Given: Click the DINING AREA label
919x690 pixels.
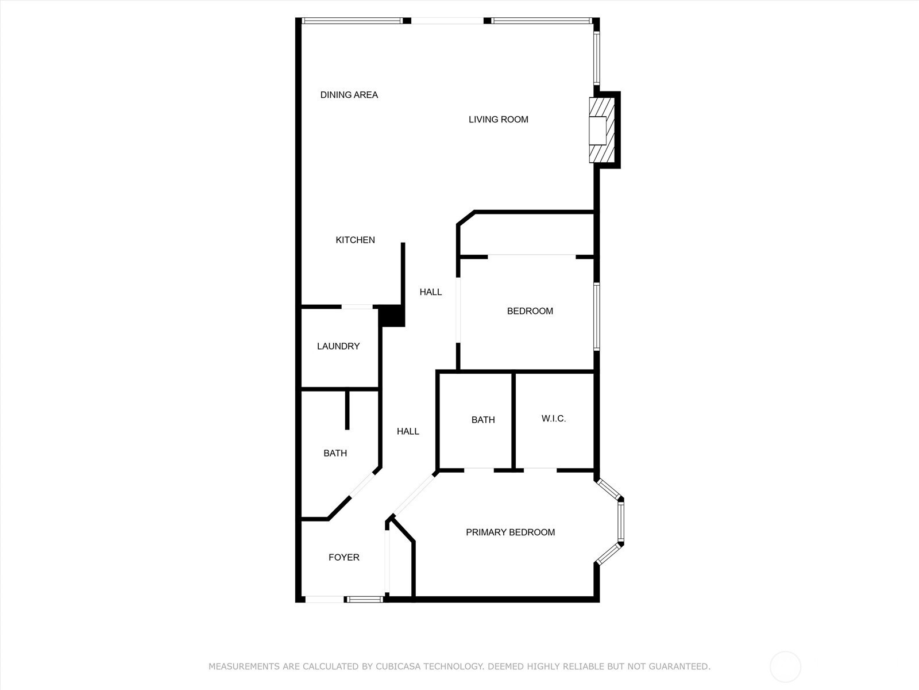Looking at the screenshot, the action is coord(349,95).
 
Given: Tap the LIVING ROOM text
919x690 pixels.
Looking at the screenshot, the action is coord(498,120).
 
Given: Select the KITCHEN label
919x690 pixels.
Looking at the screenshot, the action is coord(355,240).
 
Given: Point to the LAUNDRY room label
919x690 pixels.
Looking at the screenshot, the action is coord(338,346).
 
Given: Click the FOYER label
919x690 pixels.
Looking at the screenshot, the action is coord(343,557).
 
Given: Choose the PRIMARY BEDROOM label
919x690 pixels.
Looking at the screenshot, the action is coord(511,532).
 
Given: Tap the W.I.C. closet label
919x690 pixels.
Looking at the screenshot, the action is coord(554,419).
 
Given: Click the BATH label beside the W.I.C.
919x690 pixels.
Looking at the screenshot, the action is coord(483,420).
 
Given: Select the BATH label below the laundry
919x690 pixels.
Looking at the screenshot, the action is coord(335,453).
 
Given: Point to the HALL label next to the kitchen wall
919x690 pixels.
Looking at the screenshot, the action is coord(430,292).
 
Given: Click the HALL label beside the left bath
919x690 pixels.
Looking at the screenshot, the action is coord(408,431).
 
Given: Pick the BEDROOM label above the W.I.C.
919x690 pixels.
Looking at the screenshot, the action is coord(530,311).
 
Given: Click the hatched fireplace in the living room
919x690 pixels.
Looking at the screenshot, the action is coord(602,130).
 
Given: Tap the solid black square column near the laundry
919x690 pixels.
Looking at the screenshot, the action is coord(392,316).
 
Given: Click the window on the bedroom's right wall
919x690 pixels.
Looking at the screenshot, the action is coord(597,316).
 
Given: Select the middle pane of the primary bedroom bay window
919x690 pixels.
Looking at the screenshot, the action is coord(621,522).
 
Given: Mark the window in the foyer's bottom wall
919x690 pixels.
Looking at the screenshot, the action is coord(365,600).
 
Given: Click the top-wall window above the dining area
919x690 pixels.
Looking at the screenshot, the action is coord(352,21).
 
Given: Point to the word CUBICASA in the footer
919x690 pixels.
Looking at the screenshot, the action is coord(397,666).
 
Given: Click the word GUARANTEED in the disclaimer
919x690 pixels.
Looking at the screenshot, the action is coord(679,666).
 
